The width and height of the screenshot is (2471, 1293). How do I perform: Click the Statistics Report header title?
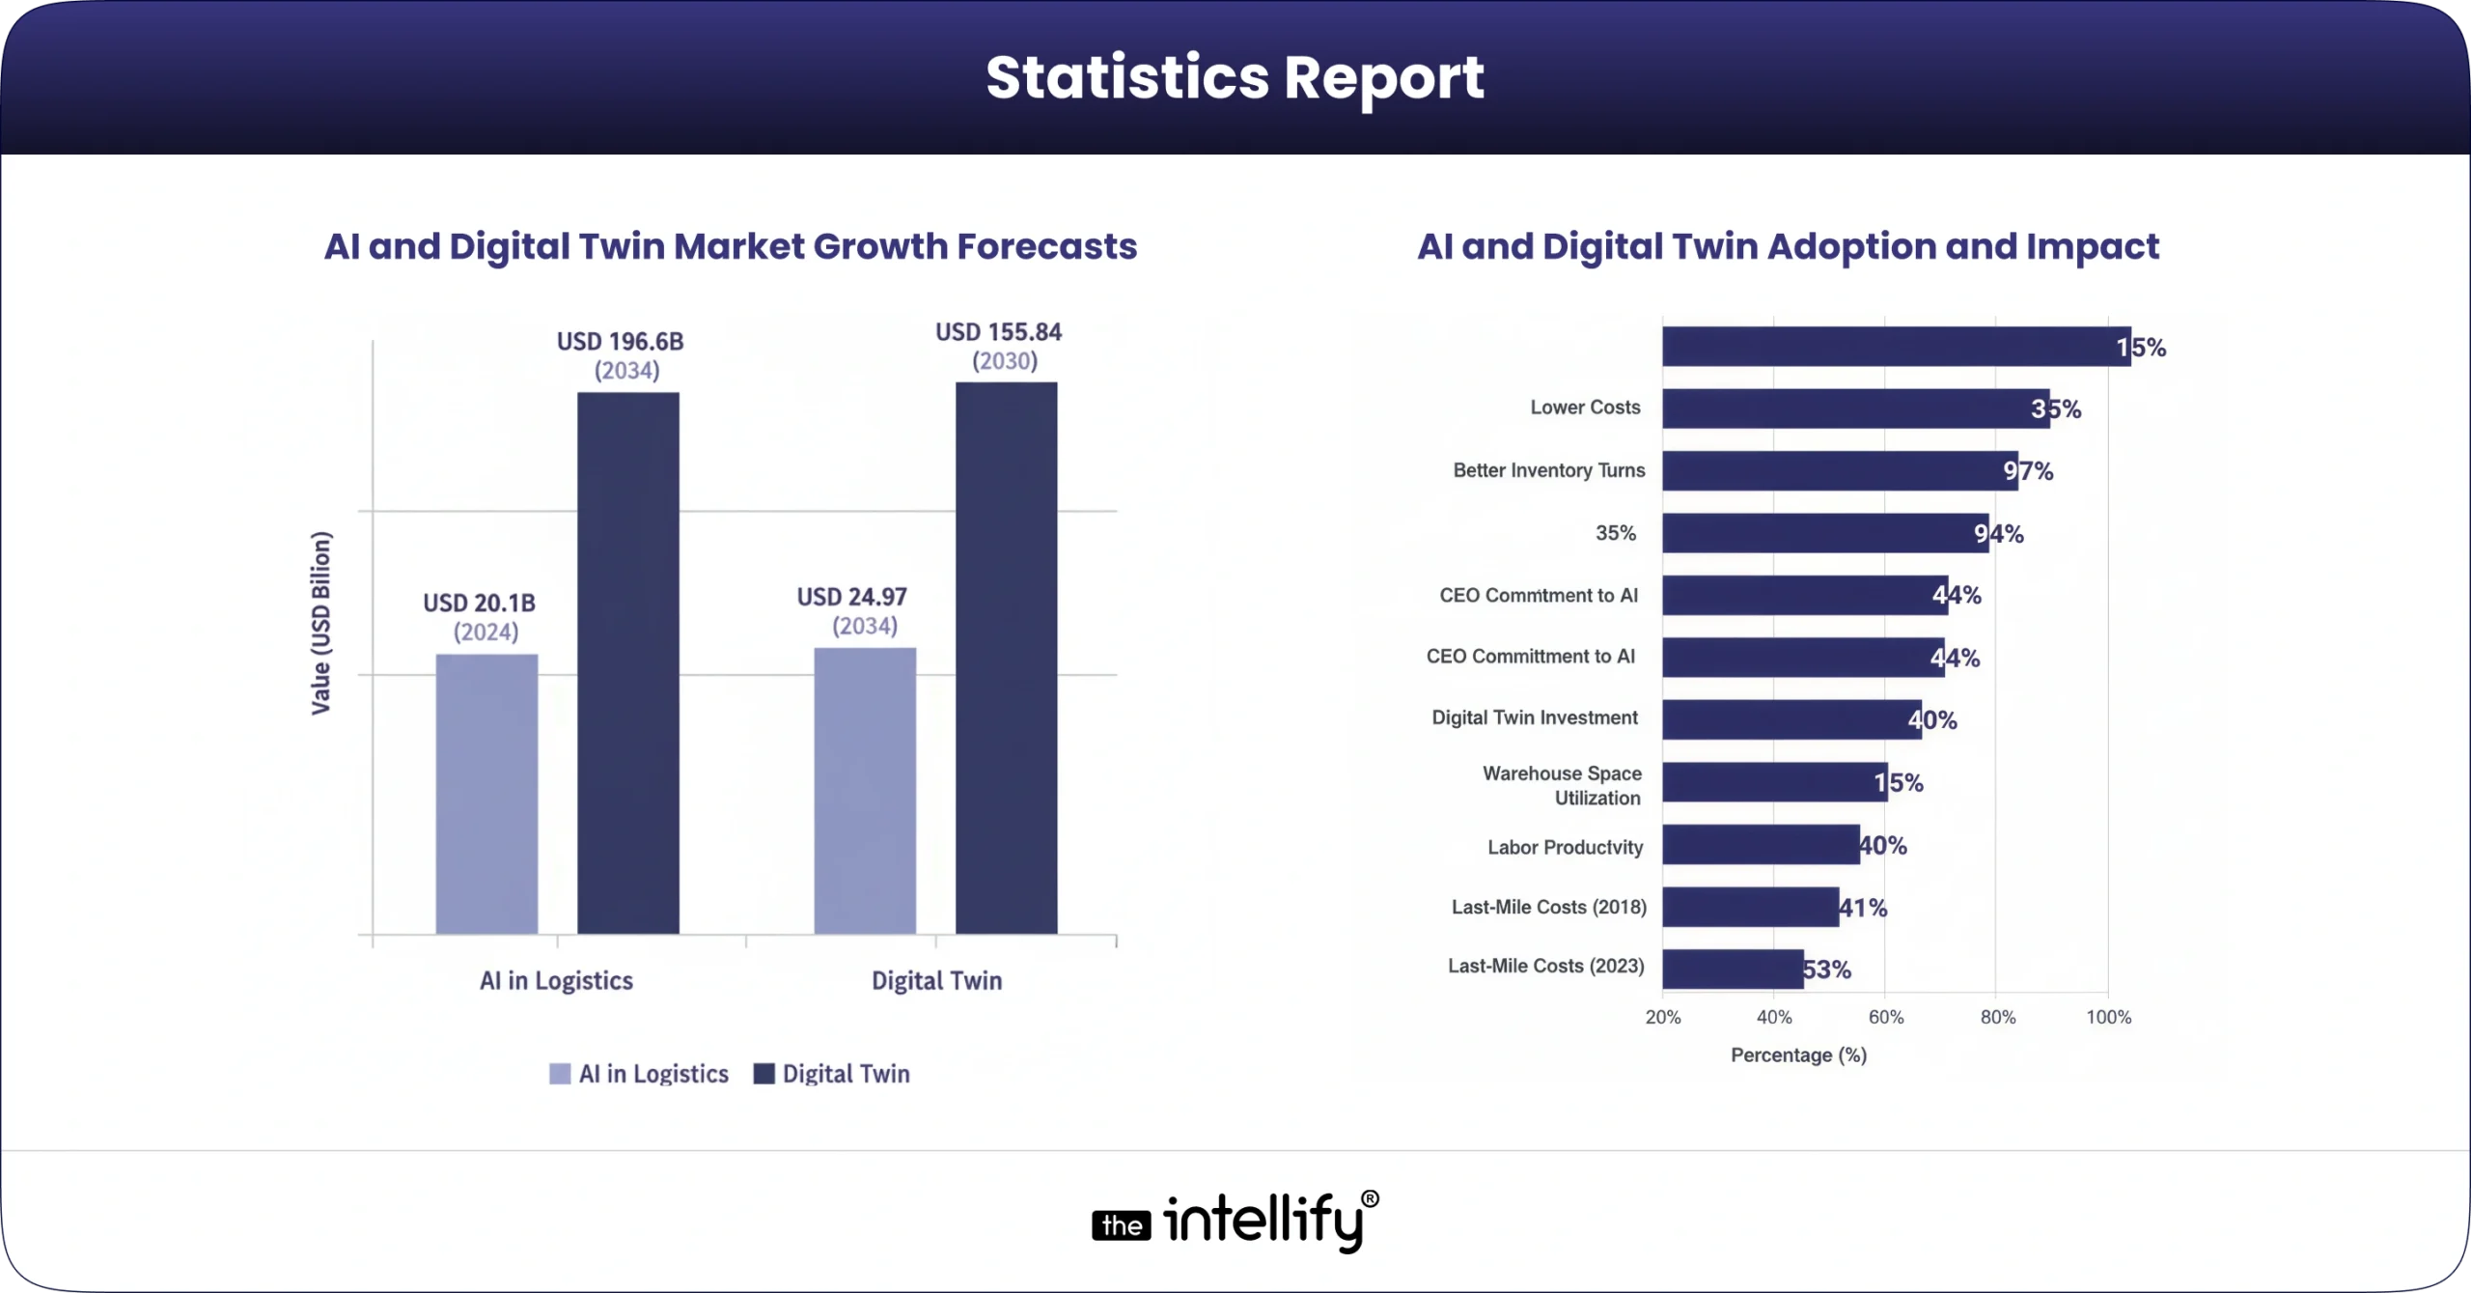1235,77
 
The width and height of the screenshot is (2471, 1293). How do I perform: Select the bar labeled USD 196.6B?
627,662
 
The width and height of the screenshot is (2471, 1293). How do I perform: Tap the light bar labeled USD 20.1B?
486,794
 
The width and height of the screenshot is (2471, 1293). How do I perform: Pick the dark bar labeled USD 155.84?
1006,658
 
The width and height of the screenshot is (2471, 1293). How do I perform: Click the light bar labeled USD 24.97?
865,790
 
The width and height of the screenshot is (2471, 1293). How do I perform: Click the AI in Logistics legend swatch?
560,1074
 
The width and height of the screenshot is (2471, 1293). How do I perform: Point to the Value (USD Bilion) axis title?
320,623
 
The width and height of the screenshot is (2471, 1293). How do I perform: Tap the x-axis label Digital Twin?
936,980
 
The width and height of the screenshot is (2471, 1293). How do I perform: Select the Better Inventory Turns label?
1548,470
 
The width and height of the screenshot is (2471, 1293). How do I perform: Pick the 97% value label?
2028,471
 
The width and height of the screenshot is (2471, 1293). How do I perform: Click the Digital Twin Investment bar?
1791,719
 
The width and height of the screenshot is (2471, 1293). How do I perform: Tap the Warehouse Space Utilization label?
1562,785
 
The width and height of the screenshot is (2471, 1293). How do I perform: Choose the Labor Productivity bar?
1760,845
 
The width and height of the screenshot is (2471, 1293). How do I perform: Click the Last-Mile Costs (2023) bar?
1732,969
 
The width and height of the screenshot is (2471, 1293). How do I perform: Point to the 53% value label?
1826,970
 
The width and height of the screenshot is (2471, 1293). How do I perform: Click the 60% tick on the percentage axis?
1885,1017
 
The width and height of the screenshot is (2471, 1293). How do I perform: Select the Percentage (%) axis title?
1797,1054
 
